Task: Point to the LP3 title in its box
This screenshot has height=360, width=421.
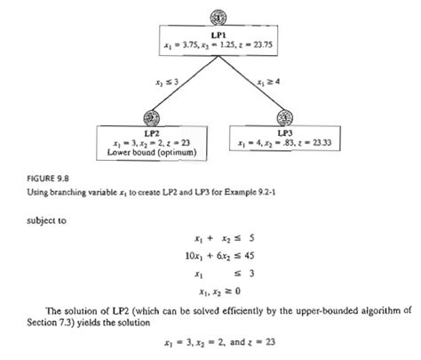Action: click(x=285, y=132)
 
